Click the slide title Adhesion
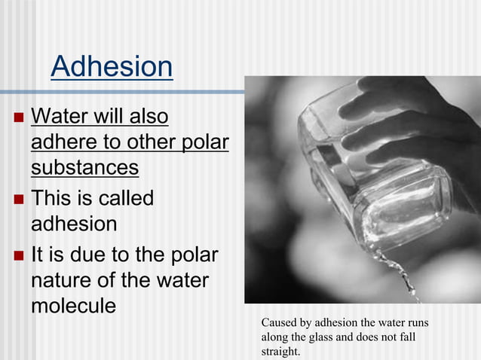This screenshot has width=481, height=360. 112,67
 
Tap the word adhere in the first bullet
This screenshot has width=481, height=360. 63,142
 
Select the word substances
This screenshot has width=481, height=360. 84,166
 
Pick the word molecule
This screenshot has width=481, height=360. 73,306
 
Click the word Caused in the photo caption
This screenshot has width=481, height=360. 279,323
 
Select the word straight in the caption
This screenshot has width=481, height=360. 279,351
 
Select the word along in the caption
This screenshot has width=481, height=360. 276,337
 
